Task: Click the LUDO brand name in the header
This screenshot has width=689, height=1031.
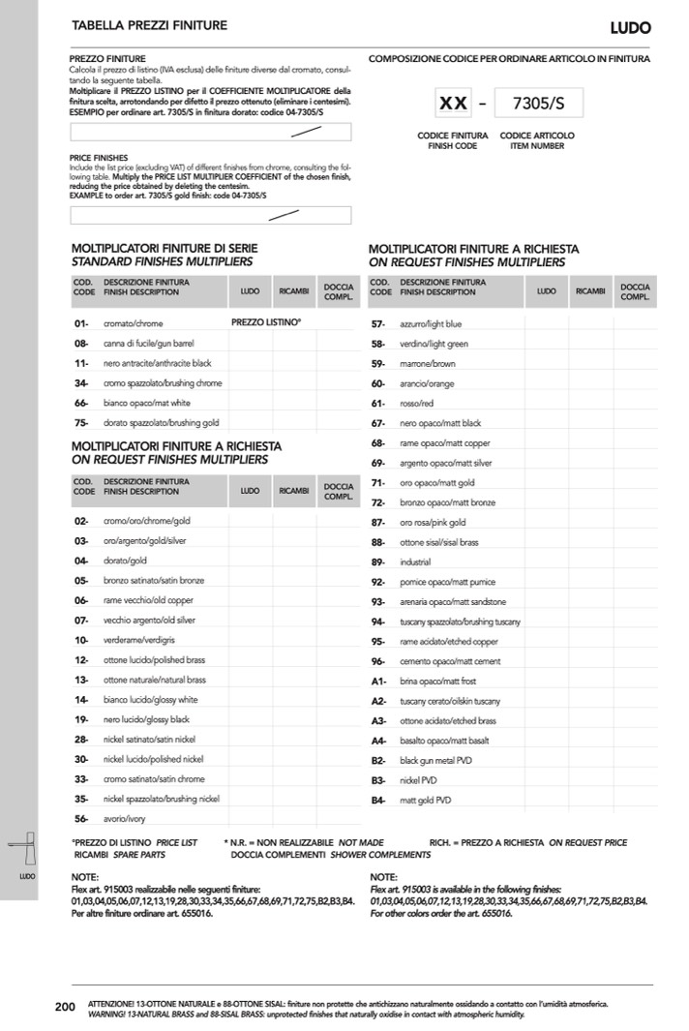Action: tap(630, 28)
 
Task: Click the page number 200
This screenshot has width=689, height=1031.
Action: tap(65, 1008)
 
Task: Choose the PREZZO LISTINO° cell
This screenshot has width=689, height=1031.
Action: tap(266, 322)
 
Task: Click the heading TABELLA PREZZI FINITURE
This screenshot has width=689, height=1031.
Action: tap(149, 24)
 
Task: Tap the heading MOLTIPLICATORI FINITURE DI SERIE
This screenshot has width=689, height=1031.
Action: tap(165, 249)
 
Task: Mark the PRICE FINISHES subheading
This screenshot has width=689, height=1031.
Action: tap(99, 157)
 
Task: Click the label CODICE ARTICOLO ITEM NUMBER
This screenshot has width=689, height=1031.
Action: tap(537, 140)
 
